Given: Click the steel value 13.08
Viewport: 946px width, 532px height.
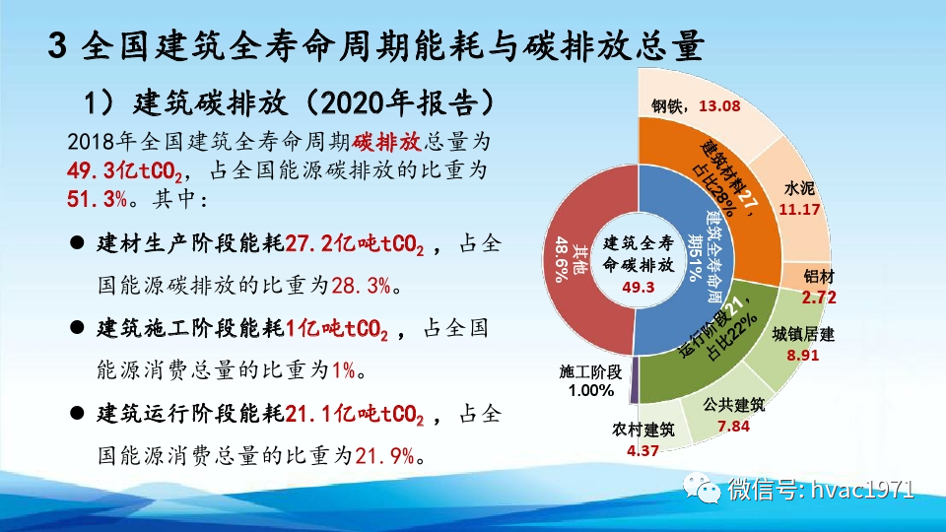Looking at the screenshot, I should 718,106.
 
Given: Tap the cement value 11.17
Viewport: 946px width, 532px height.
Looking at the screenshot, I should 799,210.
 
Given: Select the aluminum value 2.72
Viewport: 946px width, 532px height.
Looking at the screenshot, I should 819,297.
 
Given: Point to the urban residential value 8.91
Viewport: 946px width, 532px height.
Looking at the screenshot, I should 803,355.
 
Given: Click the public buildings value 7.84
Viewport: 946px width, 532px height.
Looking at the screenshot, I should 734,426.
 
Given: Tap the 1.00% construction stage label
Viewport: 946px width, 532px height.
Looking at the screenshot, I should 590,390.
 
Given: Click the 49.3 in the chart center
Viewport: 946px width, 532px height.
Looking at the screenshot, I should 639,287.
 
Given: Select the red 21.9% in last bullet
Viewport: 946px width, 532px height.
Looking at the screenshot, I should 385,455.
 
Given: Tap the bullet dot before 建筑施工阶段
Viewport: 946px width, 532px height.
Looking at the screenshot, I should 76,328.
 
